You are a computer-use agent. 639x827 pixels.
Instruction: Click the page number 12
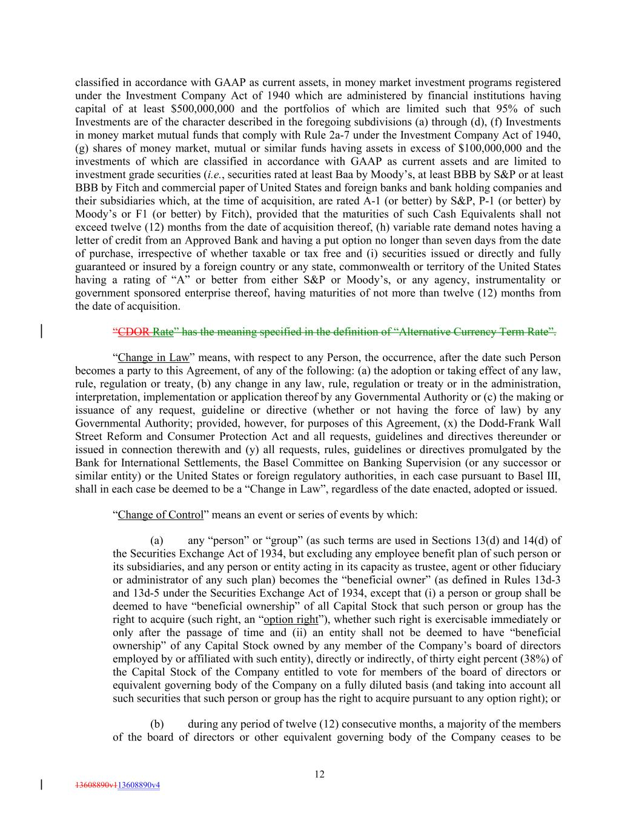point(319,774)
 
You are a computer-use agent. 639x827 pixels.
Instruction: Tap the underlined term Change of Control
point(161,515)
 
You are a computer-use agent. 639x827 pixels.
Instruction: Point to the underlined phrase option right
point(291,619)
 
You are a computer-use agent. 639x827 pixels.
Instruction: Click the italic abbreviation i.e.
point(215,174)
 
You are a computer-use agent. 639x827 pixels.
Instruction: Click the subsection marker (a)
point(157,540)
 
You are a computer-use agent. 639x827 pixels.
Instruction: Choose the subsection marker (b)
point(157,725)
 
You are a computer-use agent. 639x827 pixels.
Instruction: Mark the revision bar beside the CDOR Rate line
point(41,331)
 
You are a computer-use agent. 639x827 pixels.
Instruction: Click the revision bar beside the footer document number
point(41,785)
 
